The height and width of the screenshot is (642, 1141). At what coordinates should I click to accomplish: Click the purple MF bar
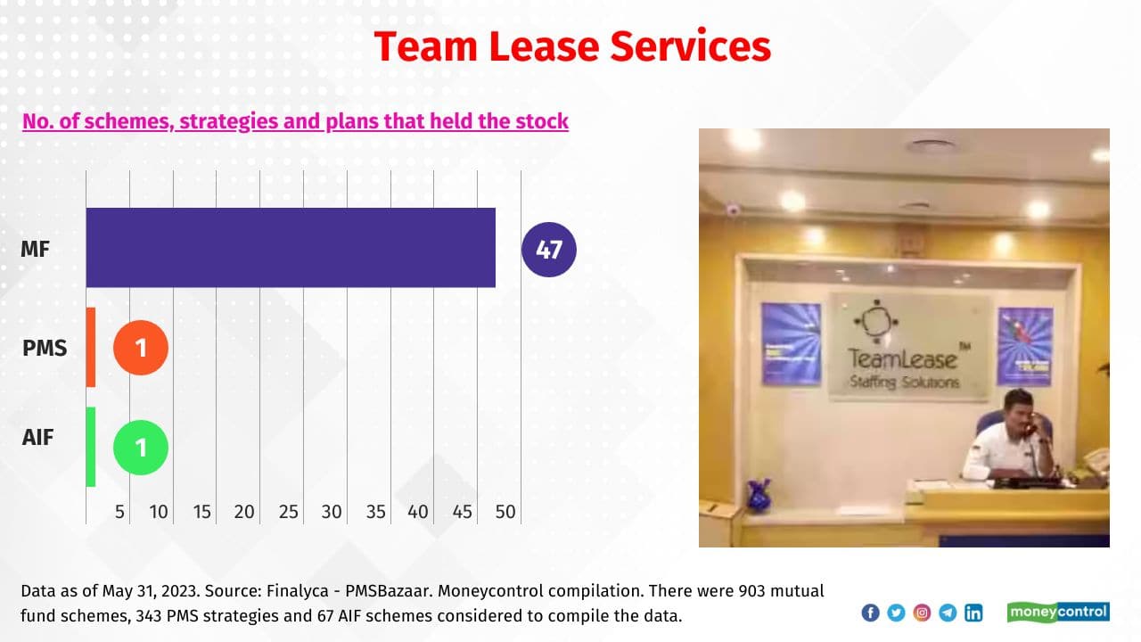(x=291, y=248)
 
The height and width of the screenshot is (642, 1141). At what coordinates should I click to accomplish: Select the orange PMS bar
(x=91, y=347)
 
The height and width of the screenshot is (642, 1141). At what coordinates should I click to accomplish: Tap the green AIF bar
(x=91, y=447)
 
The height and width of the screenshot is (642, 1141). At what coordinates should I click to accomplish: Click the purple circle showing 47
(x=549, y=249)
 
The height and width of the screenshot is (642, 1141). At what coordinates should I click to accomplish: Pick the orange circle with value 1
(x=141, y=347)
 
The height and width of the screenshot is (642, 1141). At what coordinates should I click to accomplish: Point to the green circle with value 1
(x=141, y=447)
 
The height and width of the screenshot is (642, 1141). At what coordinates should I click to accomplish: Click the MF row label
(x=36, y=249)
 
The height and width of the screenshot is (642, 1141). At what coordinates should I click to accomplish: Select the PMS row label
(x=45, y=348)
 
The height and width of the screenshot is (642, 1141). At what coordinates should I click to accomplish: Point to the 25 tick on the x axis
(x=288, y=512)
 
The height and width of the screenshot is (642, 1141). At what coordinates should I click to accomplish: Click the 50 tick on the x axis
(x=505, y=512)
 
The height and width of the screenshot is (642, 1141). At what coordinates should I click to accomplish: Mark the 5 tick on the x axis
(x=119, y=512)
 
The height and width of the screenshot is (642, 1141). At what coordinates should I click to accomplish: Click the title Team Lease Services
(x=571, y=46)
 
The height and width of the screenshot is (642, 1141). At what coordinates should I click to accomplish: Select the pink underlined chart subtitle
(x=295, y=120)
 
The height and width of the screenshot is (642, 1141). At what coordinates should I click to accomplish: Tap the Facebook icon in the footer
(x=870, y=613)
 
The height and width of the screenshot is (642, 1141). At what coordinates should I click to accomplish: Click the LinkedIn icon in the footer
(x=973, y=613)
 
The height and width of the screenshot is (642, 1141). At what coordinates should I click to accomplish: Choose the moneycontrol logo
(x=1058, y=612)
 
